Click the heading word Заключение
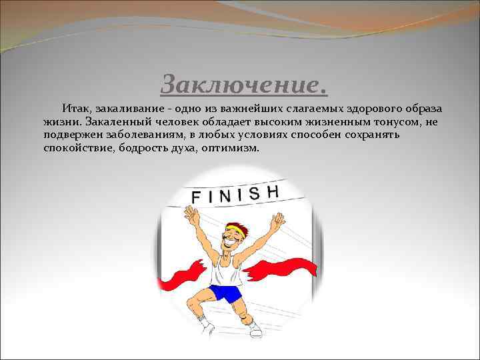pos(244,85)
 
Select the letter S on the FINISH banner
pos(254,193)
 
